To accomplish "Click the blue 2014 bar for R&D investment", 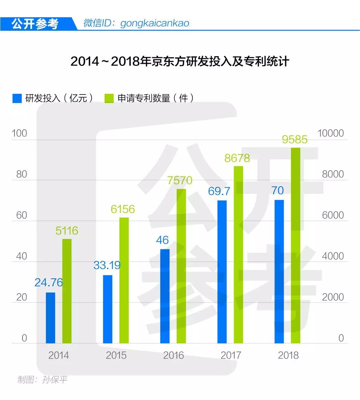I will tap(50, 318).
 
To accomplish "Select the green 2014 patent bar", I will tap(67, 291).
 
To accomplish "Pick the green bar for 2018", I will tap(296, 246).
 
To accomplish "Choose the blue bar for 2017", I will tap(222, 272).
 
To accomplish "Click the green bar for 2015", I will tap(124, 280).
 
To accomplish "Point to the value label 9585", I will tap(294, 139).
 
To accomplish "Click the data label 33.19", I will tap(107, 265).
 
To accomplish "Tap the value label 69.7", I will tap(219, 191).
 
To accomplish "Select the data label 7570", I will tap(179, 180).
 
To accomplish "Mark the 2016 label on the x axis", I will tap(173, 355).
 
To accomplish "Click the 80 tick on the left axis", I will tap(21, 174).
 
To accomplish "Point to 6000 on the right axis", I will tap(333, 216).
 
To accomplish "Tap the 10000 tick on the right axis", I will tap(330, 133).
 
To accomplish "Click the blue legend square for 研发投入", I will tap(17, 98).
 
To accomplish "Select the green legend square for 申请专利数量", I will tap(109, 98).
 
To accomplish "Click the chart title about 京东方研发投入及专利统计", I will tap(180, 61).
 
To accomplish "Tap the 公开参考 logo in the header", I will tap(35, 23).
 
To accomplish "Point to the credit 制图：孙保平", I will tap(42, 380).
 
